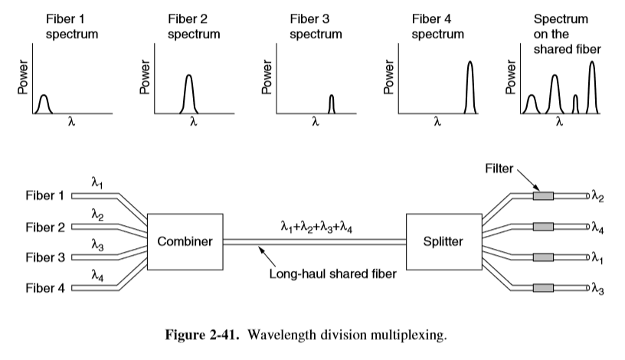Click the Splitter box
[x=443, y=241]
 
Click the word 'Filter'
[x=499, y=168]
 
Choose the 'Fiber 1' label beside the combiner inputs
[x=44, y=196]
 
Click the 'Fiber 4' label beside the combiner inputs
[x=44, y=289]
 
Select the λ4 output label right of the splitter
[x=597, y=227]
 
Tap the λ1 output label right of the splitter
[x=597, y=258]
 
